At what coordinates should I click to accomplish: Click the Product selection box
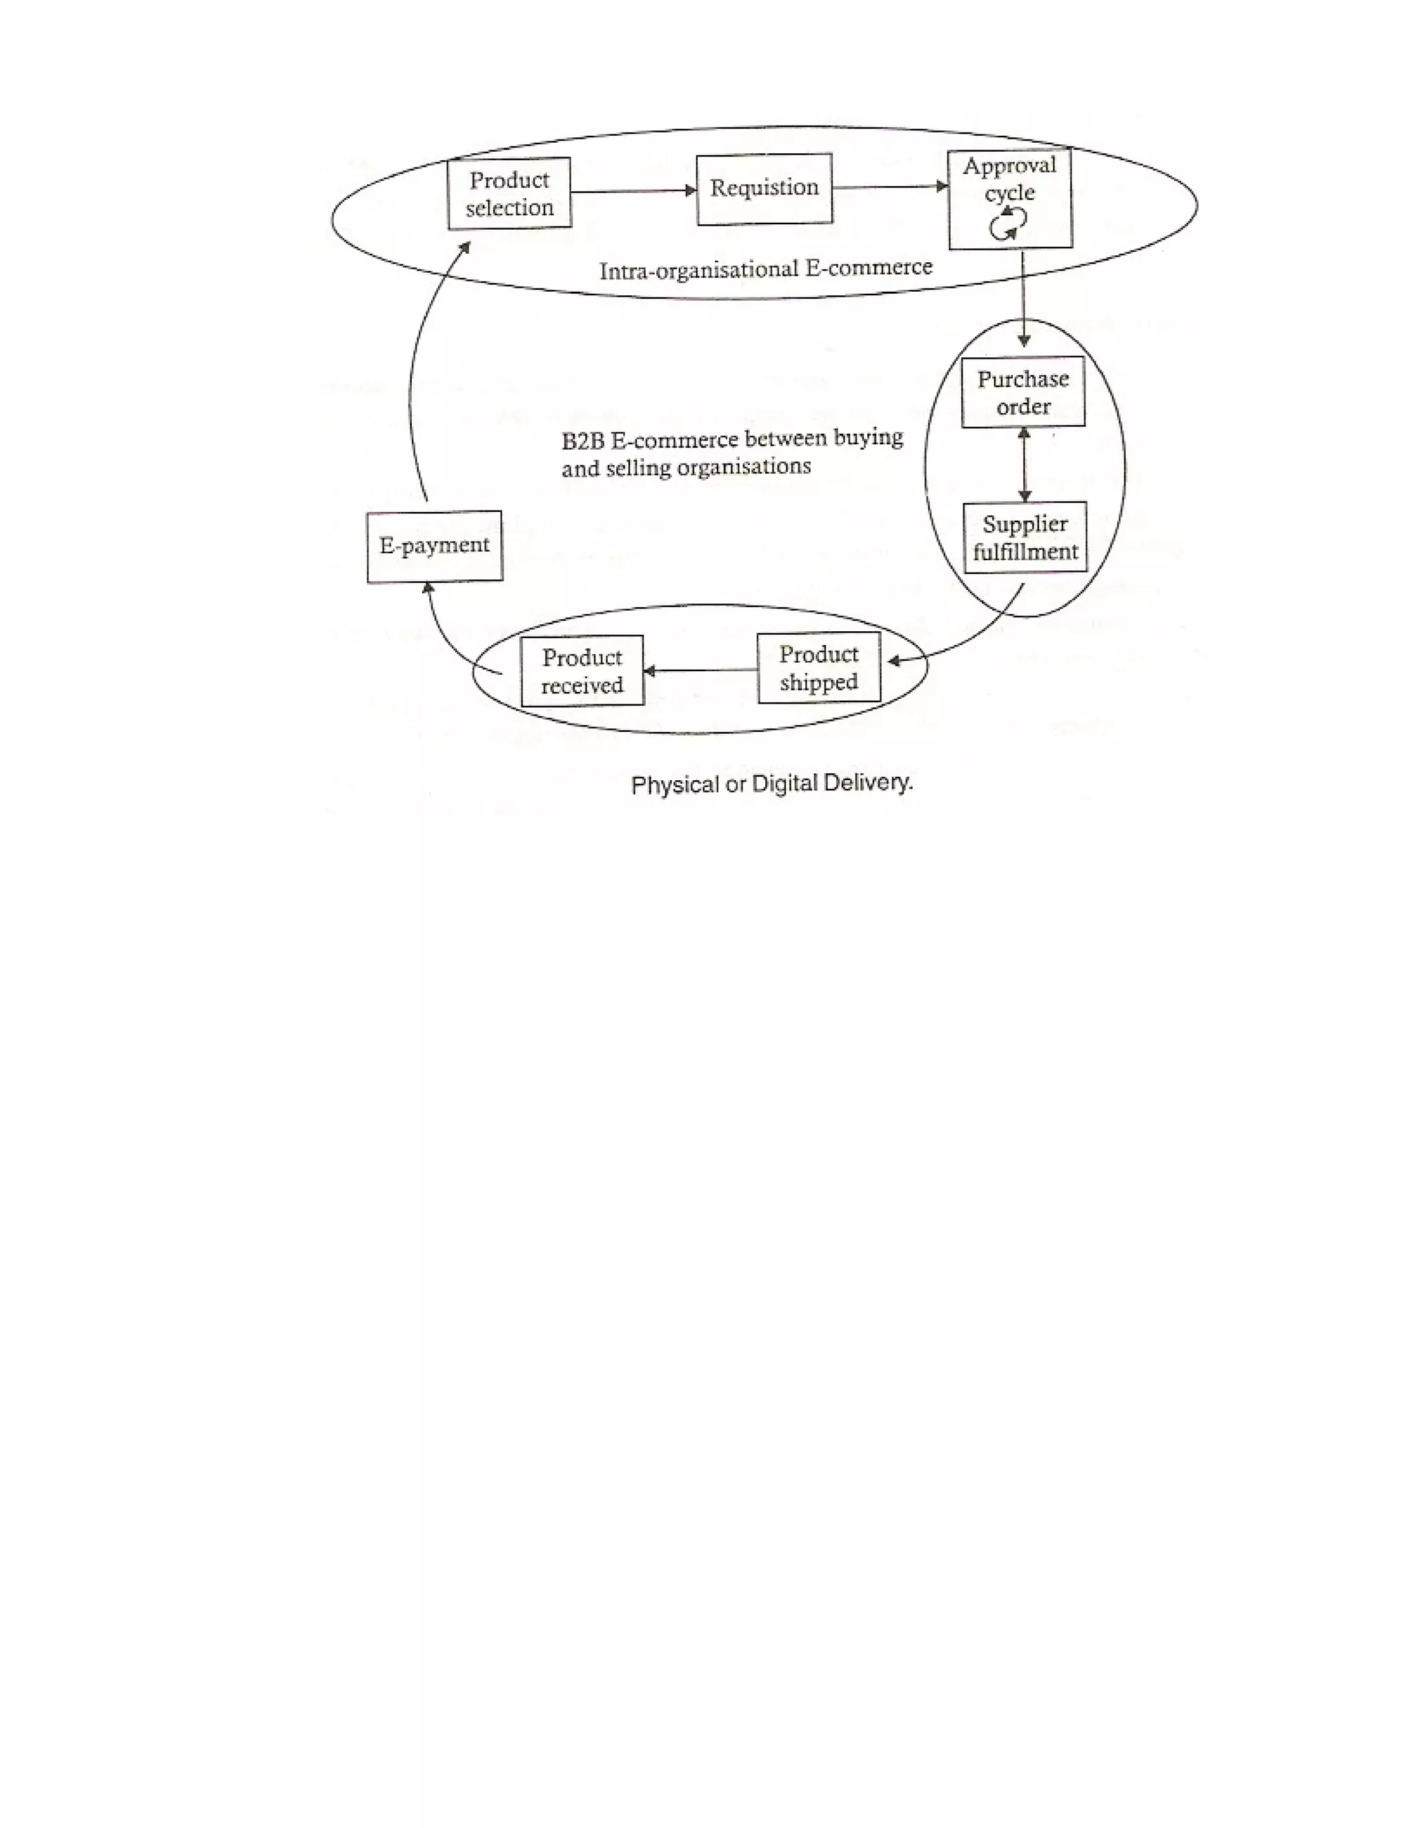click(509, 192)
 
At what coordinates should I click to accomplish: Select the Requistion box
click(764, 188)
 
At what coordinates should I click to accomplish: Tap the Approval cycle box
click(1009, 199)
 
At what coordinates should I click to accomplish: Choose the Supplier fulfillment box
click(1025, 537)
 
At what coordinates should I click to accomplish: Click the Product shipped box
click(819, 668)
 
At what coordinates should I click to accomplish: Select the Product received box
click(582, 670)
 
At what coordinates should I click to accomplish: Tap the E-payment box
click(435, 546)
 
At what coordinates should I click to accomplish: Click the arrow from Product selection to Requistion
click(633, 191)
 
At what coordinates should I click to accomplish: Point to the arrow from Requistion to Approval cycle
click(890, 187)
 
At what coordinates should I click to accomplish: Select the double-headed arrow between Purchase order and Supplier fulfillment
click(1023, 464)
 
